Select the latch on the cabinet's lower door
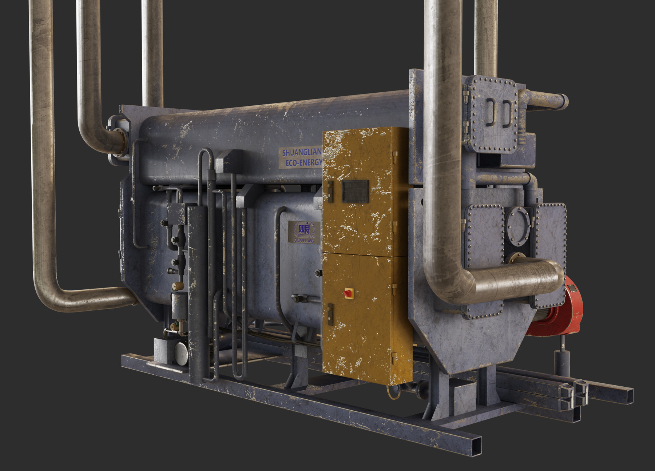coord(330,314)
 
